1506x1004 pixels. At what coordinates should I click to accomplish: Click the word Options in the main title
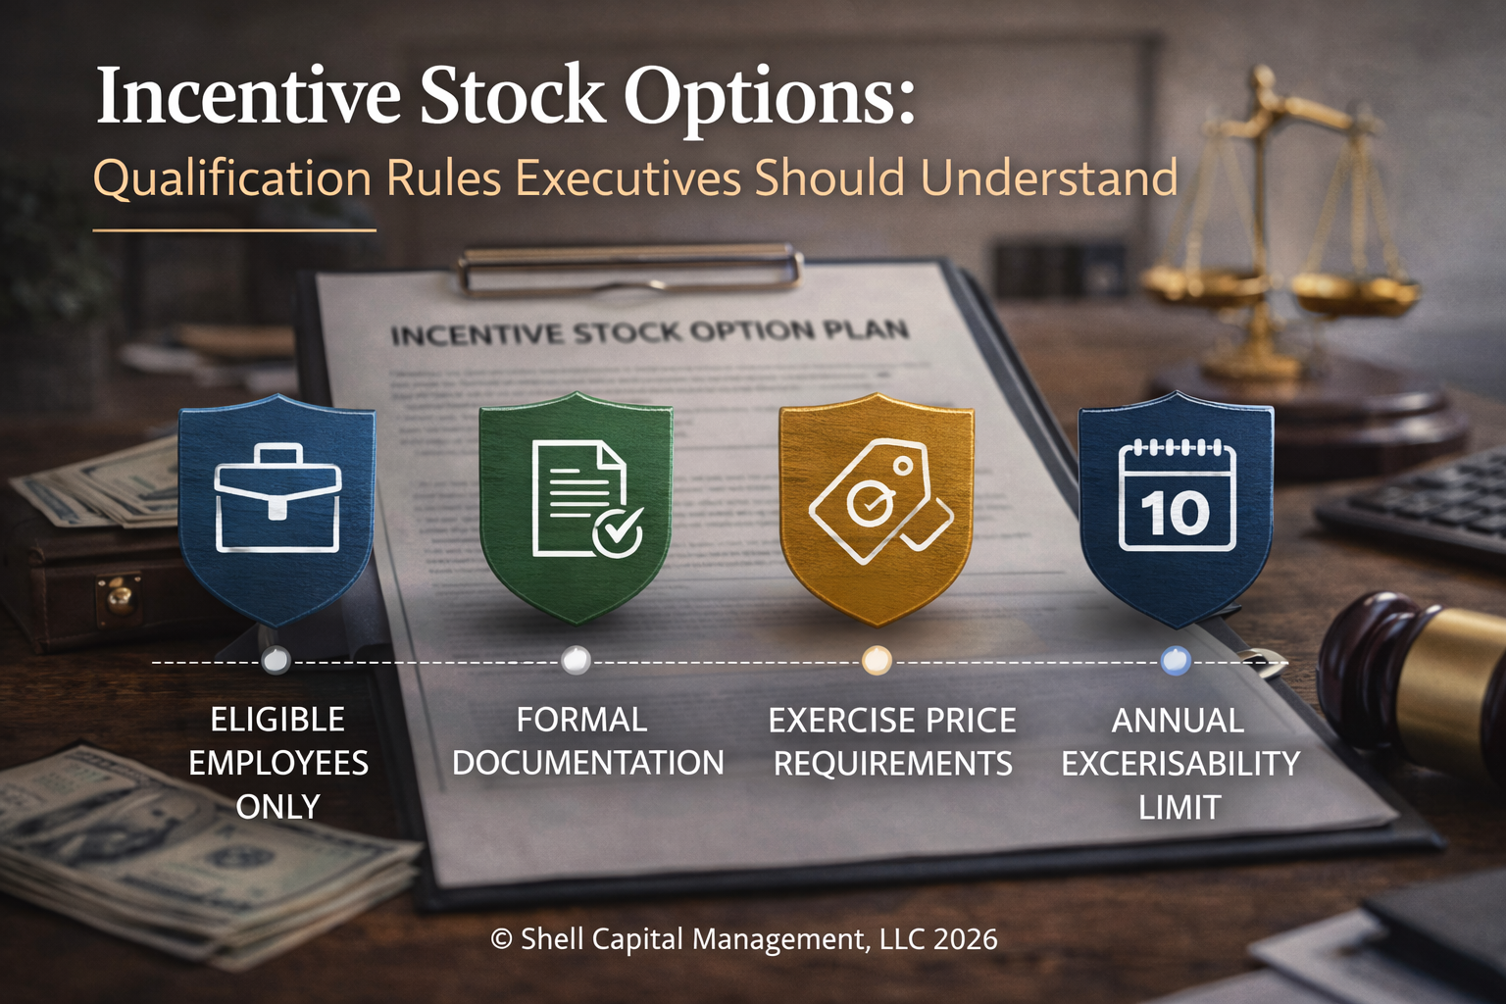770,98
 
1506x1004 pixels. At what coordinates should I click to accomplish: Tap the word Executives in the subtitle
628,179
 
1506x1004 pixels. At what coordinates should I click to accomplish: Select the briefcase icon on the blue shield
277,498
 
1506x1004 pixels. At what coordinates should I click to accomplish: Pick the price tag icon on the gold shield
878,501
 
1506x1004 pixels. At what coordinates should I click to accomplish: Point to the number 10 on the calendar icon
1175,514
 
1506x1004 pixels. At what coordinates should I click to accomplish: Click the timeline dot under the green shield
576,661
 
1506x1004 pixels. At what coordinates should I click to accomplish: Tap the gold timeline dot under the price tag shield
877,661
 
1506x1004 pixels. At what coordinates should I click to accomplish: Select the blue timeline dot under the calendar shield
1176,661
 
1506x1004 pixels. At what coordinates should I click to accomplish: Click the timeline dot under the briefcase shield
276,661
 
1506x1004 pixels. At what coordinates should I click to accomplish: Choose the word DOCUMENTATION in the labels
587,763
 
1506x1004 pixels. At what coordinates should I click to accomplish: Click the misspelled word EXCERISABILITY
1180,764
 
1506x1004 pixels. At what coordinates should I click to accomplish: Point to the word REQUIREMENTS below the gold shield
892,764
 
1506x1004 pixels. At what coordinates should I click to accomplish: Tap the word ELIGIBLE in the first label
277,720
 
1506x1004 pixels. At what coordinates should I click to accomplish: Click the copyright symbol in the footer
501,939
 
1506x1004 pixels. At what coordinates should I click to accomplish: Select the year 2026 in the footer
965,939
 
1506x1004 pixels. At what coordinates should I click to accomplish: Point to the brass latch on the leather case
118,596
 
